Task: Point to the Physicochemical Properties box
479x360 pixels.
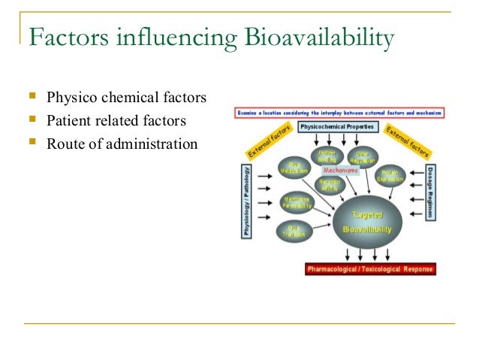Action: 338,127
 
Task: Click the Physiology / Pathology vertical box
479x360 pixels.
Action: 246,201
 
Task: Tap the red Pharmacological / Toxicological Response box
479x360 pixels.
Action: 370,268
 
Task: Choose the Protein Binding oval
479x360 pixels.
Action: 327,156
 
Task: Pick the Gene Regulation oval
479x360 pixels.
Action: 363,156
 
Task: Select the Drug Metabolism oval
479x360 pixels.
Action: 293,169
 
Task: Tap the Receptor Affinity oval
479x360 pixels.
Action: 329,185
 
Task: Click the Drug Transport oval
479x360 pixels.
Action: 292,231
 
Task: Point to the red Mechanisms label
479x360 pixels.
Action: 340,170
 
